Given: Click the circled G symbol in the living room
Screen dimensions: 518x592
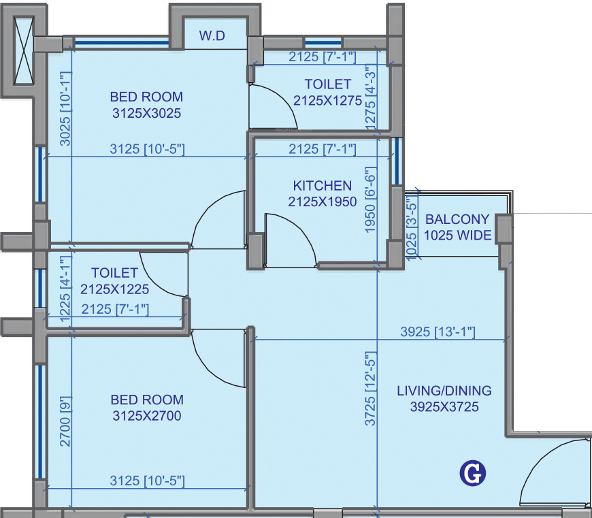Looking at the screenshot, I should point(472,473).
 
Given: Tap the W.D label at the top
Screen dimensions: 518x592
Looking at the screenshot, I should point(212,35).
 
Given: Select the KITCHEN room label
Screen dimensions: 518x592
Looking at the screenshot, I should point(323,185).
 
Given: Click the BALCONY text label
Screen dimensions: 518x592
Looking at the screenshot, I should point(457,219).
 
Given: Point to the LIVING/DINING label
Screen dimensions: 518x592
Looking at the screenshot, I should point(444,391).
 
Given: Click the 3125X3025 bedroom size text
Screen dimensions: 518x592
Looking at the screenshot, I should point(147,114).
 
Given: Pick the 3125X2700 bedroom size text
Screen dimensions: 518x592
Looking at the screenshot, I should point(147,416).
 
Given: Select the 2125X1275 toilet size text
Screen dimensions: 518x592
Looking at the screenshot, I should point(328,101).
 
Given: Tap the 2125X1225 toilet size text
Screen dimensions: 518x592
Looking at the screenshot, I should point(114,289).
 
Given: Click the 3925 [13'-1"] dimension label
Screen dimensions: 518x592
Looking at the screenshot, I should point(438,332).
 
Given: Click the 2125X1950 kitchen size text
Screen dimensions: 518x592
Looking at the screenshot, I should point(323,201).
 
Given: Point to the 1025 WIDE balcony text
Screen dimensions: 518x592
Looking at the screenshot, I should point(457,236).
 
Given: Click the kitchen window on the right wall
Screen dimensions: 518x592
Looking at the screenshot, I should point(396,162).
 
